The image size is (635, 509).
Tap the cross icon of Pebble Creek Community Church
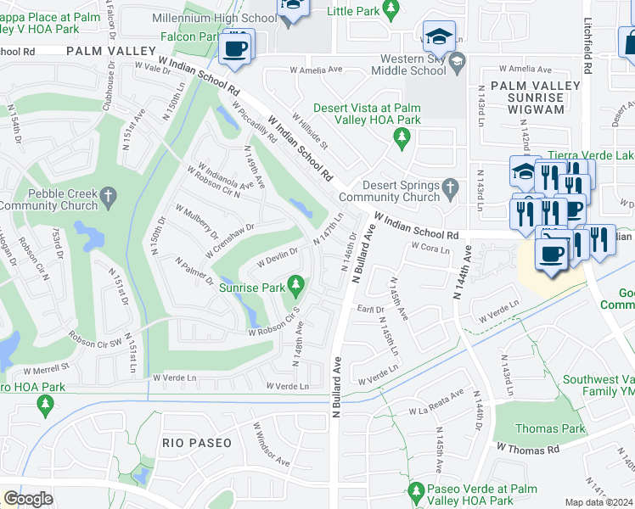tap(108, 197)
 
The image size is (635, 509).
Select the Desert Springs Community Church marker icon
tap(451, 186)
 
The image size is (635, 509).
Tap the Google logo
tap(28, 498)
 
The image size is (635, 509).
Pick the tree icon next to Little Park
tap(391, 10)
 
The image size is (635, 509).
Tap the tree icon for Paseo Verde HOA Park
tap(416, 491)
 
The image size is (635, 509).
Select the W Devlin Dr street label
tap(278, 252)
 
